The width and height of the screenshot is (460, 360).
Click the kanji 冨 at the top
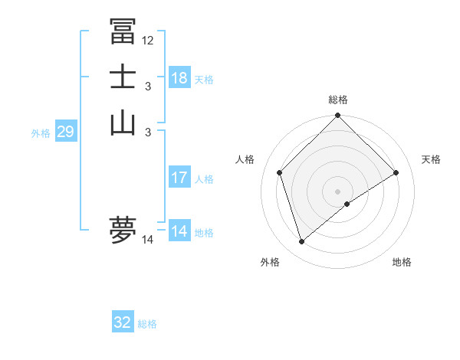point(123,32)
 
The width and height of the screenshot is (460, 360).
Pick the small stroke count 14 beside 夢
point(148,240)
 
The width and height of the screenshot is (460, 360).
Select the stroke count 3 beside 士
point(148,87)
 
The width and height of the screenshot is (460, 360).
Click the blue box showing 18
point(179,78)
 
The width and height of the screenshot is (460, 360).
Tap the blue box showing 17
point(179,178)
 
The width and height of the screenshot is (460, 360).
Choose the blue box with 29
point(65,132)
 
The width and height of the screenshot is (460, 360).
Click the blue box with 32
point(123,322)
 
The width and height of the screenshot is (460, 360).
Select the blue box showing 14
point(179,231)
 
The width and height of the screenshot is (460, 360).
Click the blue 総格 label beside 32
point(147,324)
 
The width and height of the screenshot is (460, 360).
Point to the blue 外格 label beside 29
point(41,133)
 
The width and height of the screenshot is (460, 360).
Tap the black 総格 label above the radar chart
point(338,100)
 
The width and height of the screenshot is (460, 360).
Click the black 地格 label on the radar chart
point(402,262)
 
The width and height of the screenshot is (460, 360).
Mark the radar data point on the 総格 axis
point(338,116)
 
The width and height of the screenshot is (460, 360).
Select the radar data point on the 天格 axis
point(396,172)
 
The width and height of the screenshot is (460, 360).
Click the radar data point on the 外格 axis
point(301,242)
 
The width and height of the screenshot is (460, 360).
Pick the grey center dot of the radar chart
point(338,191)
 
